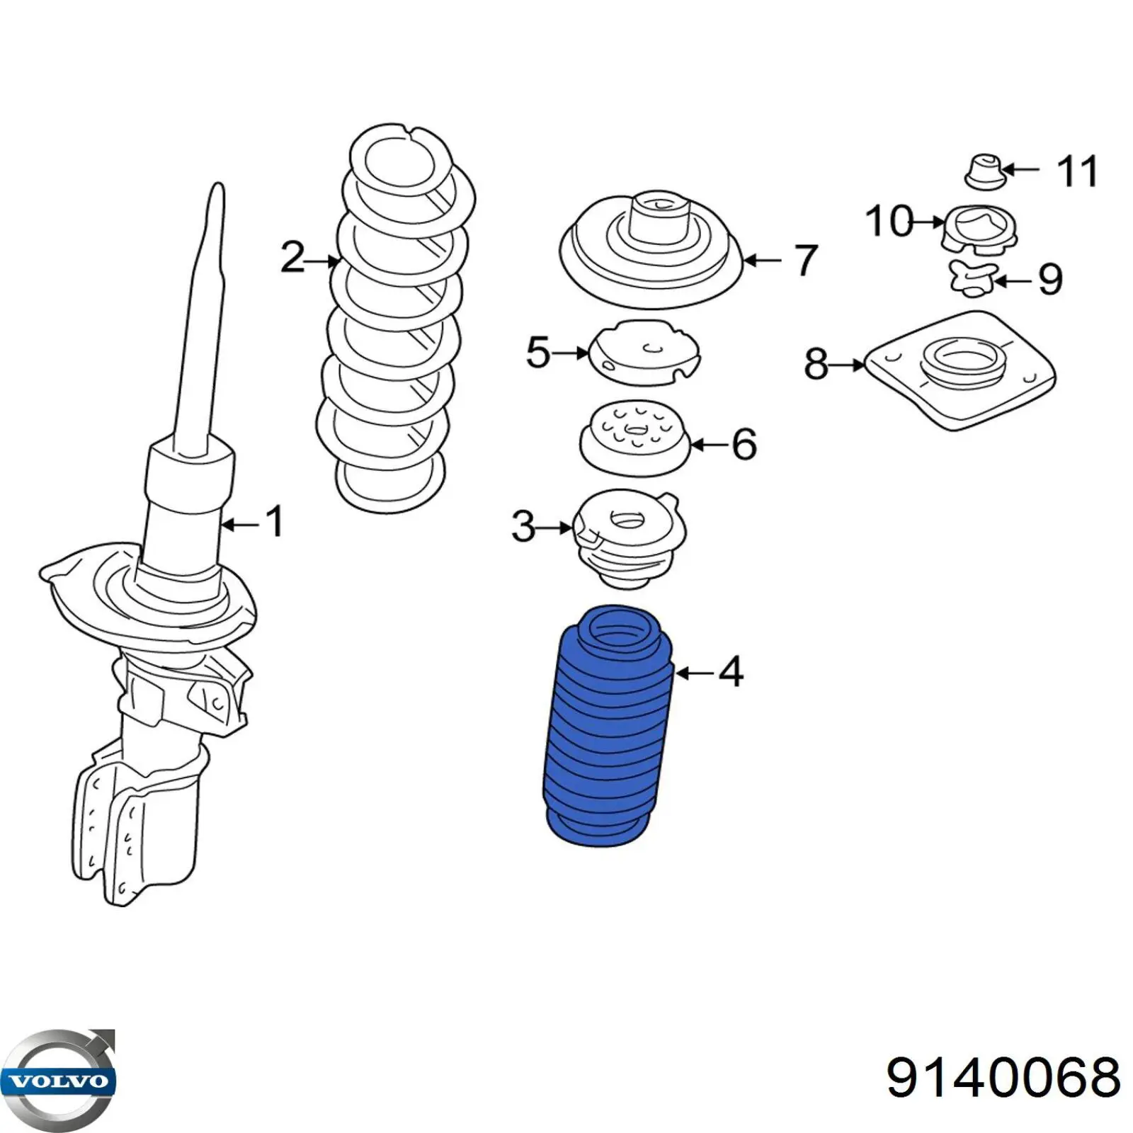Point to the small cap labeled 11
coord(984,171)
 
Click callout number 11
coord(1076,171)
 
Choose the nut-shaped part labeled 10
coord(979,228)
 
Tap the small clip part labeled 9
coord(973,278)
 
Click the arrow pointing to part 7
coord(761,261)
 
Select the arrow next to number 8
coord(846,365)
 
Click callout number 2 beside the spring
coord(292,257)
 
